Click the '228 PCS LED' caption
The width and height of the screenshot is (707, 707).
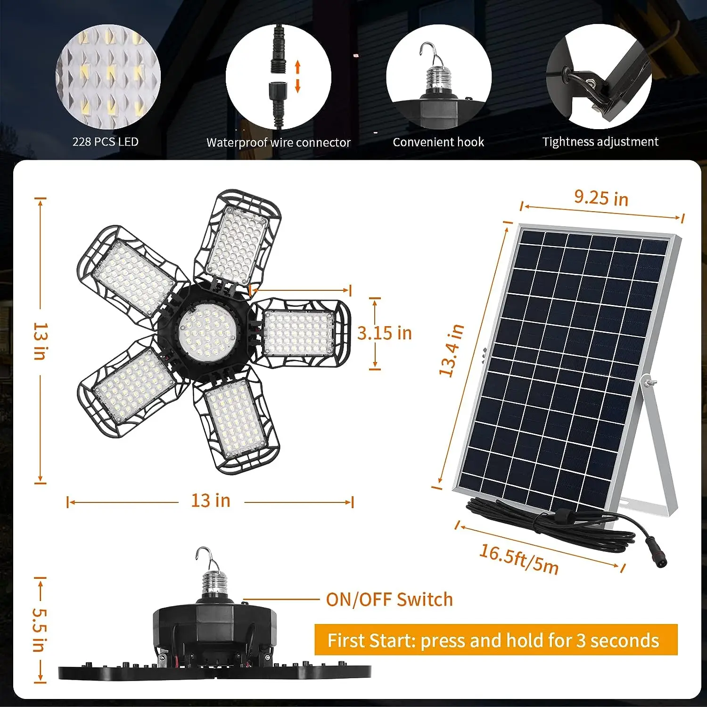click(106, 142)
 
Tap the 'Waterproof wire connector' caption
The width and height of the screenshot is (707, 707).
click(278, 142)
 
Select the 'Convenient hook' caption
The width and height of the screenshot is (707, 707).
click(438, 142)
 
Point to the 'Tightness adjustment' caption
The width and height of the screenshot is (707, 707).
click(600, 141)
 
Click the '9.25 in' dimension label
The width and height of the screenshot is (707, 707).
click(601, 198)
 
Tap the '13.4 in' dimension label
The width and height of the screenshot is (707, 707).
click(452, 350)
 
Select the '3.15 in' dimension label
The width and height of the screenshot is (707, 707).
click(385, 333)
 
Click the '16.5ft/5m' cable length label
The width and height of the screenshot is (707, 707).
click(519, 559)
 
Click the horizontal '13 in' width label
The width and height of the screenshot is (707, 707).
click(211, 501)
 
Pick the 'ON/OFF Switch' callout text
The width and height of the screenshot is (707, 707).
click(389, 600)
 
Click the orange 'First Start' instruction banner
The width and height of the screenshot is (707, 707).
click(495, 640)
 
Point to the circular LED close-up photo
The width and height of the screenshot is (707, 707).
click(108, 77)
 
